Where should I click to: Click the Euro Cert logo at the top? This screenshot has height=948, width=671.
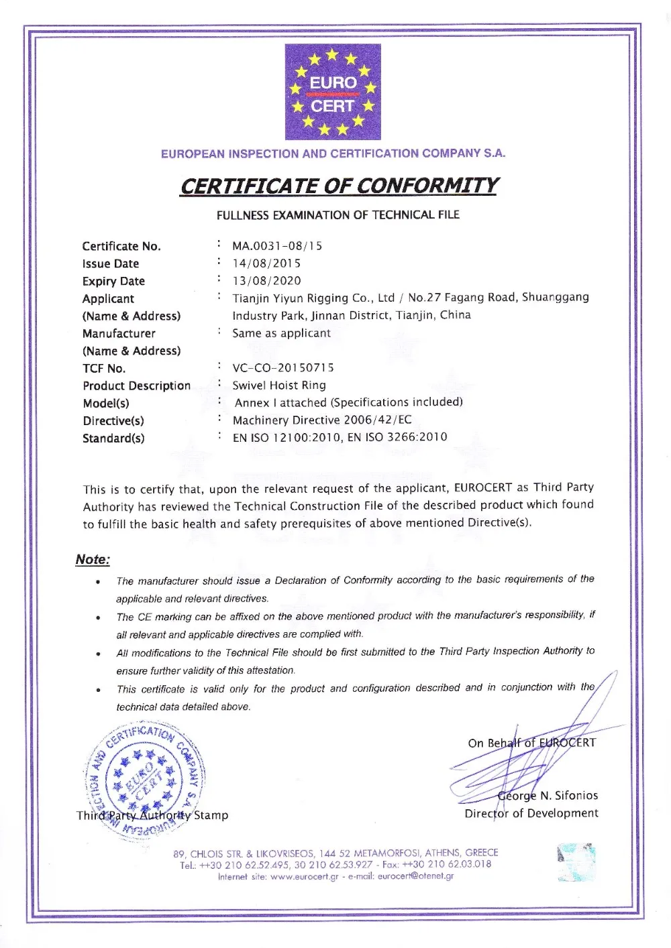click(x=333, y=92)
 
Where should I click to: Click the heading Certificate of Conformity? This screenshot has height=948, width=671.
click(x=339, y=186)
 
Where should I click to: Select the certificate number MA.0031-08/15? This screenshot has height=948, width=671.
click(x=277, y=246)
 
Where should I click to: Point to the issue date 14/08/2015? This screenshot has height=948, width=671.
click(x=266, y=263)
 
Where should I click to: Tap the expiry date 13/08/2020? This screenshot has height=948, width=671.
click(x=266, y=281)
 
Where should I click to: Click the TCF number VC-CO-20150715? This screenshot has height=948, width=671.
click(x=282, y=367)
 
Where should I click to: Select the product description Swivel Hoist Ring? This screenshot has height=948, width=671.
click(x=279, y=385)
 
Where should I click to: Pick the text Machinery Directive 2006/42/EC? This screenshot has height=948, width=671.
click(x=322, y=420)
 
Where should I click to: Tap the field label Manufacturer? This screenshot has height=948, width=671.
click(x=119, y=333)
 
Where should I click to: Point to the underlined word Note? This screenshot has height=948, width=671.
click(x=93, y=560)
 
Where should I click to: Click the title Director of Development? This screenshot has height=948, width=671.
click(x=531, y=813)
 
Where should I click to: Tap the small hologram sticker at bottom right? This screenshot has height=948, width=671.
click(x=576, y=862)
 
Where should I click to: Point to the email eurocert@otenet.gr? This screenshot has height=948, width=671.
click(x=416, y=876)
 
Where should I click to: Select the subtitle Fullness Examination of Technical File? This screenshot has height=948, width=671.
click(x=338, y=215)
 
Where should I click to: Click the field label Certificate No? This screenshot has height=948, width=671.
click(x=121, y=246)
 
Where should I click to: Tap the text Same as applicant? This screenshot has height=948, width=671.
click(x=281, y=333)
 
